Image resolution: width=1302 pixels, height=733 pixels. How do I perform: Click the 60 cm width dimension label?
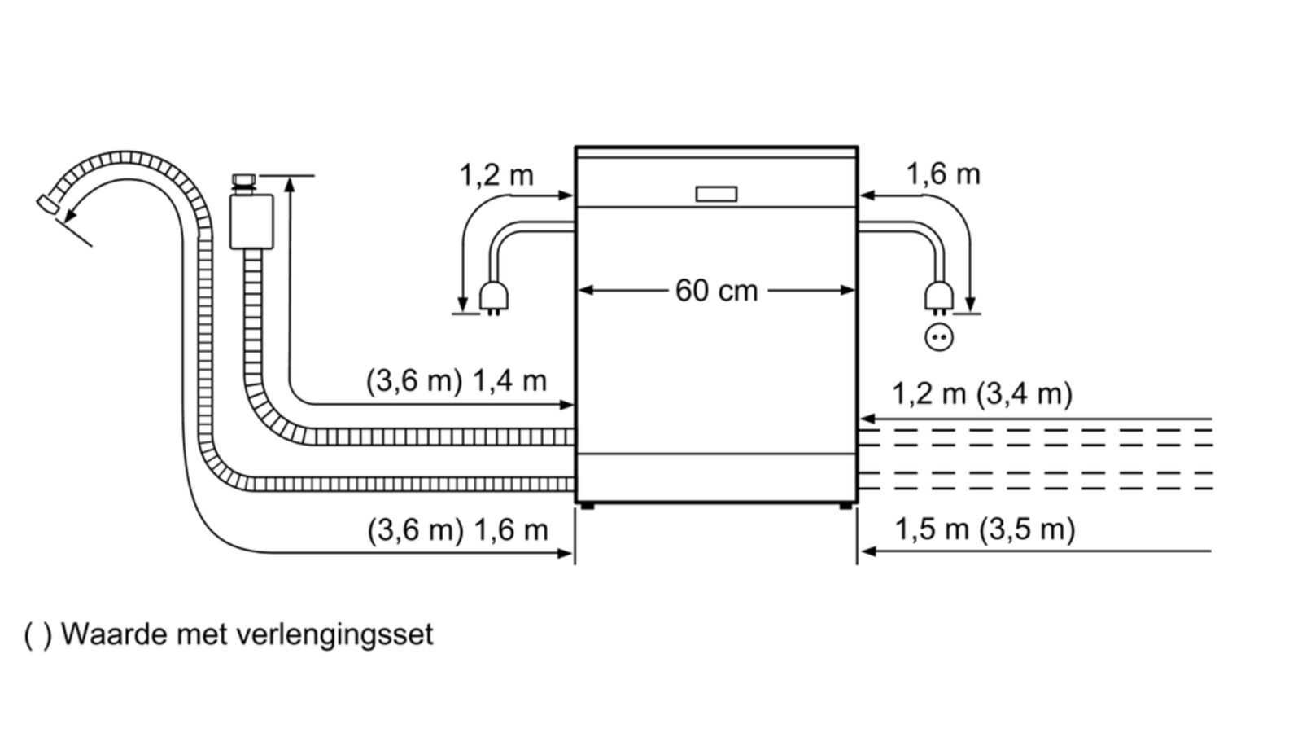pyautogui.click(x=717, y=291)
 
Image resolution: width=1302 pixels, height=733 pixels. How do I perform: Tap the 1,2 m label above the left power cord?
pyautogui.click(x=496, y=175)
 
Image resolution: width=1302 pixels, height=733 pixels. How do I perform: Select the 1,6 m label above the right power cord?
pyautogui.click(x=943, y=174)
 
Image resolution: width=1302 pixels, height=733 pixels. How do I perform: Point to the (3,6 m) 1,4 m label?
pyautogui.click(x=457, y=382)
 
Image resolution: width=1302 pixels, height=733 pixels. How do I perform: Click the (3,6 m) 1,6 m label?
pyautogui.click(x=457, y=530)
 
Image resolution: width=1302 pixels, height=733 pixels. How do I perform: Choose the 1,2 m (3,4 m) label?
pyautogui.click(x=982, y=394)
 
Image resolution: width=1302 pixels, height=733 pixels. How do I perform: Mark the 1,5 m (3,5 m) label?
pyautogui.click(x=985, y=529)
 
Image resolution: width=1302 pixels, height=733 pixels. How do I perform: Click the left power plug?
pyautogui.click(x=494, y=298)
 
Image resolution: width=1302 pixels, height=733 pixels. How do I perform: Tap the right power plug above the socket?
pyautogui.click(x=939, y=298)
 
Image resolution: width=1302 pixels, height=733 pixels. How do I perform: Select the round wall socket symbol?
pyautogui.click(x=939, y=337)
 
